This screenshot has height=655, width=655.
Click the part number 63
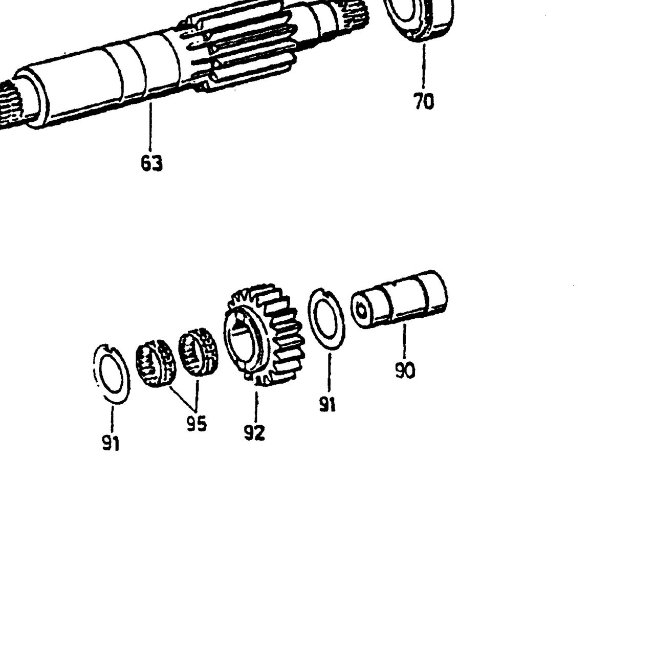click(152, 164)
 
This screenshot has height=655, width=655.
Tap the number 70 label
click(424, 101)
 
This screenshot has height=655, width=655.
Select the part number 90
click(405, 370)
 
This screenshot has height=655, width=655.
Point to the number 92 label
click(254, 433)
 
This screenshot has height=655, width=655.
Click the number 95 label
click(197, 424)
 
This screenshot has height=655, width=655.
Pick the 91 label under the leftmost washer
click(111, 443)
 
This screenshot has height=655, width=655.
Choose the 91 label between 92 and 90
click(327, 404)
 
